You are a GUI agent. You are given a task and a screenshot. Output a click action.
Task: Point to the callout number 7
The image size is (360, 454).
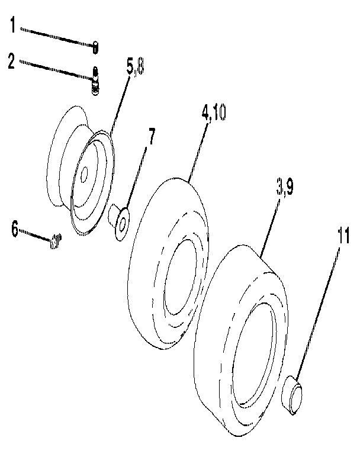click(x=152, y=137)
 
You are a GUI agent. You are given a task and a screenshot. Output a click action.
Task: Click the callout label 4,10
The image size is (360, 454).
click(x=213, y=113)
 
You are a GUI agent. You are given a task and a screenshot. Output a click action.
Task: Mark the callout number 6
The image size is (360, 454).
click(x=15, y=228)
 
